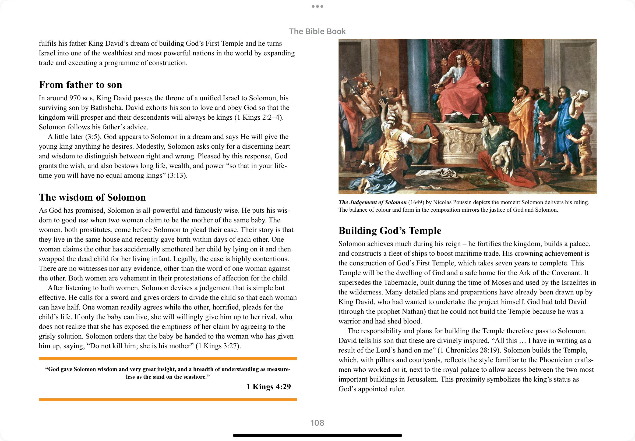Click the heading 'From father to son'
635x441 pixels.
coord(80,84)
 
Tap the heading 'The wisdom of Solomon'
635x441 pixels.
coord(92,197)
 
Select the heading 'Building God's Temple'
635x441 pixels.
coord(390,231)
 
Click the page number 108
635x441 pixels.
coord(317,423)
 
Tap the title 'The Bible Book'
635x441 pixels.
coord(317,31)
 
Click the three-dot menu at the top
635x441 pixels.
coord(317,6)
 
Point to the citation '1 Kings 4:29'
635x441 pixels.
coord(269,387)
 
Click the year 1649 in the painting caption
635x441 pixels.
coord(416,202)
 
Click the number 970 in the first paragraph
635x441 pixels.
coord(75,98)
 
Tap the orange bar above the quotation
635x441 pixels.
coord(168,358)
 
